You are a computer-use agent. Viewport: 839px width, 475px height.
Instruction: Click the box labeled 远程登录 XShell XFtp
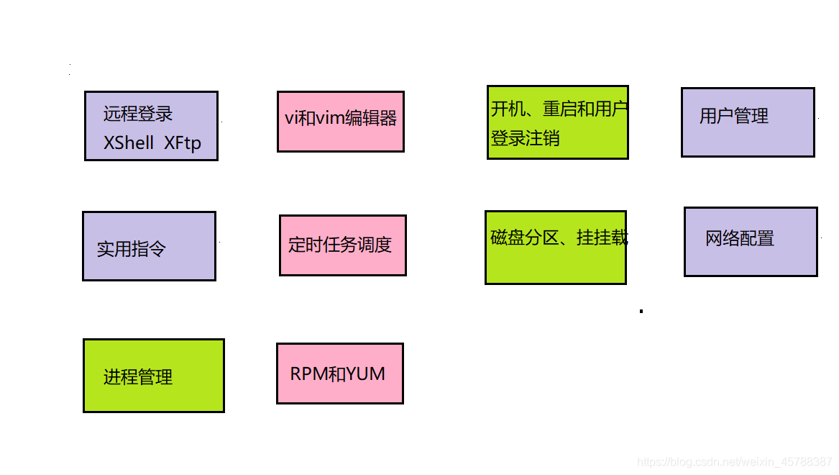[151, 126]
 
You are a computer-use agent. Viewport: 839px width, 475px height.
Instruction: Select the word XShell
[129, 142]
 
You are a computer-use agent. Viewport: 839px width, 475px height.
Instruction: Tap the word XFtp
[182, 142]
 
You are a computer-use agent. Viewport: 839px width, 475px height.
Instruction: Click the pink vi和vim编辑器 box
[340, 122]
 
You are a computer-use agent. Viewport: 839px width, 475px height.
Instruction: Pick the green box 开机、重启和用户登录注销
[557, 122]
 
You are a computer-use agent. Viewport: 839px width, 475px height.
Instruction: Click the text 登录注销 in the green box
[526, 137]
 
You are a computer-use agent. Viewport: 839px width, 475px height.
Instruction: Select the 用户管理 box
[748, 122]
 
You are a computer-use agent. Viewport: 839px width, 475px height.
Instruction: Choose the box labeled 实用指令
[149, 246]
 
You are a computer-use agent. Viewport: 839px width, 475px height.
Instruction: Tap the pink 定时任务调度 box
[342, 245]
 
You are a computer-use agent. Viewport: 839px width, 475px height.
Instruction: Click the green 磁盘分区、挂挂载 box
[555, 248]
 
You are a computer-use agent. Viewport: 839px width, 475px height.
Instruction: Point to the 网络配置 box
[751, 242]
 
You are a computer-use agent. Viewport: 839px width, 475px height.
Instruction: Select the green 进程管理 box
[153, 376]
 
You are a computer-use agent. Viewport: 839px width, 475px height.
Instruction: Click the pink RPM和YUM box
[339, 374]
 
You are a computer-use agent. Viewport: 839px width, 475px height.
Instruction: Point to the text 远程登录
[138, 114]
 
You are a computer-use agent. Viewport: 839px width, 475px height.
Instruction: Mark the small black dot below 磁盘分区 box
[641, 312]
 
